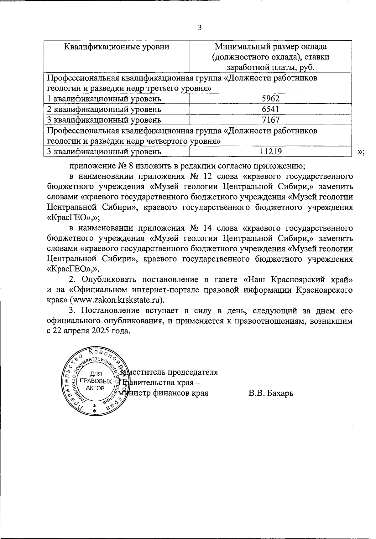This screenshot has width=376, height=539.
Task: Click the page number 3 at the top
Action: tap(200, 28)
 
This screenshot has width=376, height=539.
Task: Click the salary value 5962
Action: tap(271, 99)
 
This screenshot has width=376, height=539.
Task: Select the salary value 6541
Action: tap(271, 109)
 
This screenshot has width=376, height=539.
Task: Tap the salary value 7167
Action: tap(271, 120)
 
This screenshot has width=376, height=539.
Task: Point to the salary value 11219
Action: tap(271, 152)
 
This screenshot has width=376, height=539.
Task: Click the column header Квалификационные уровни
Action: tap(117, 47)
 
